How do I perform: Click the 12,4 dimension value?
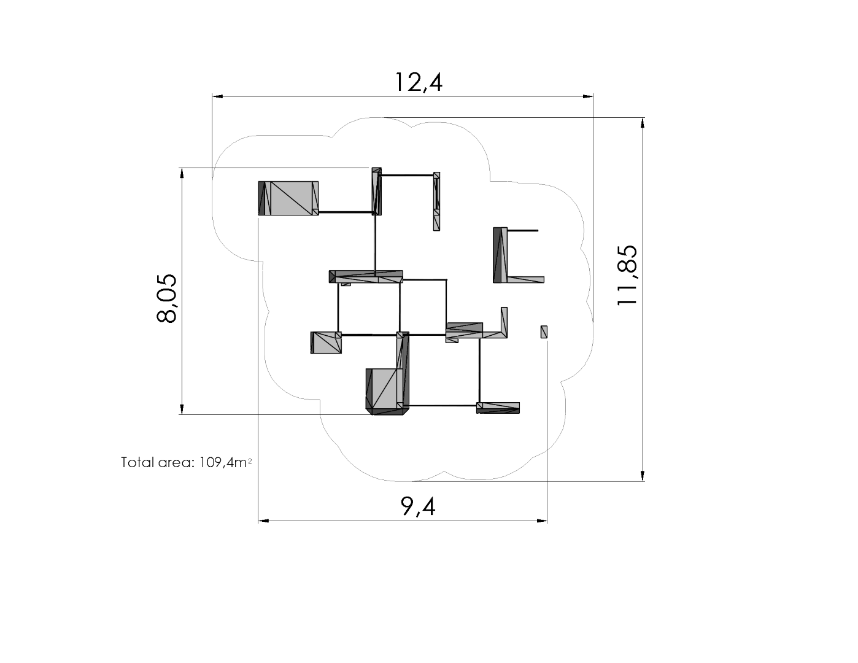(419, 82)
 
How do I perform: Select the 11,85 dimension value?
(627, 275)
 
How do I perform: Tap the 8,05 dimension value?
(166, 298)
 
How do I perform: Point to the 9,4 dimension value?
(418, 506)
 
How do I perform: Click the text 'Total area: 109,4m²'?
(187, 462)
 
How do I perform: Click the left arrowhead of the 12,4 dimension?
(217, 96)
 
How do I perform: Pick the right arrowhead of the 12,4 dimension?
(588, 96)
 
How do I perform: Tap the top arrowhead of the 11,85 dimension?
(643, 123)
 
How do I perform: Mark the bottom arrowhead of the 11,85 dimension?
(643, 476)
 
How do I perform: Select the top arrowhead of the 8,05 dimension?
(182, 173)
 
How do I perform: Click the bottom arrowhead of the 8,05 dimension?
(182, 409)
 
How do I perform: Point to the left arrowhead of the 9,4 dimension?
(263, 521)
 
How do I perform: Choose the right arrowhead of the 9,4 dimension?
(542, 521)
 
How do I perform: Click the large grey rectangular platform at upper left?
(288, 198)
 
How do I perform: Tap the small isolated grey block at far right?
(544, 331)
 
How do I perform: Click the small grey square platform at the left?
(326, 343)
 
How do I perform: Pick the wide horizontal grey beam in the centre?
(366, 276)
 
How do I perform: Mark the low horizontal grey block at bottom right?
(498, 408)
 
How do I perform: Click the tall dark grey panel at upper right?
(500, 255)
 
